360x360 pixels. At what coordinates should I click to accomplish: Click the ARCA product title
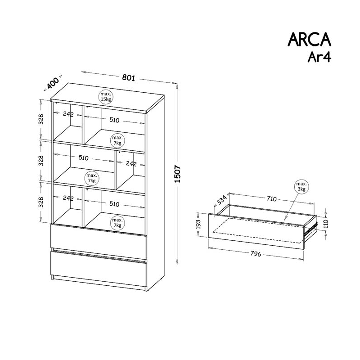[309, 40]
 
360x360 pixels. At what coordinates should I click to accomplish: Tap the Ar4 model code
[319, 57]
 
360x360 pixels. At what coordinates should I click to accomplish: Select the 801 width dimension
[129, 77]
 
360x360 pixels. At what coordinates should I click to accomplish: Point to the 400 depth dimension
[52, 83]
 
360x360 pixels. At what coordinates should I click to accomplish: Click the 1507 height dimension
[178, 174]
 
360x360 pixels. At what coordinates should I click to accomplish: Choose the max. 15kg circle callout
[106, 97]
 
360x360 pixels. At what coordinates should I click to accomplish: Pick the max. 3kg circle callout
[301, 186]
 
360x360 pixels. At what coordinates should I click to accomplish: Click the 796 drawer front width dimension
[256, 254]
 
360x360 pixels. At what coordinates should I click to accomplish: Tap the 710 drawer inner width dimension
[272, 198]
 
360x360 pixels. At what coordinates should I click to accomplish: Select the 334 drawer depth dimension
[222, 199]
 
